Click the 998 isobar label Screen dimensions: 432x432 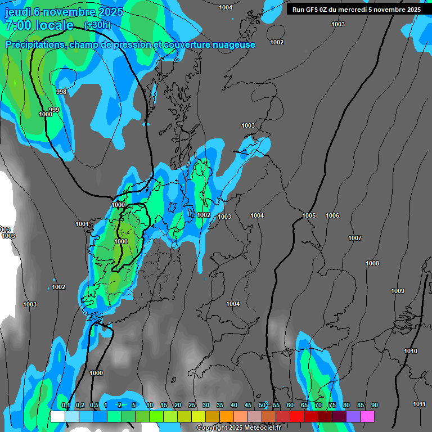62,92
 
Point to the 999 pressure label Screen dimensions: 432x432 54,109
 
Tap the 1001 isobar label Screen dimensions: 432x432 82,224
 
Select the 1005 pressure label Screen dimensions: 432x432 309,216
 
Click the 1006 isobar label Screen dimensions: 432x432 332,216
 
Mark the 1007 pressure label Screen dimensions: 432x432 355,238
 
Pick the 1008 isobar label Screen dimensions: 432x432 372,263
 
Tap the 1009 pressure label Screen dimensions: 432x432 398,291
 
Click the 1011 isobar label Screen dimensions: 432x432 419,404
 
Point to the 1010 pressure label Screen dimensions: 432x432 411,351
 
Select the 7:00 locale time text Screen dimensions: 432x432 39,25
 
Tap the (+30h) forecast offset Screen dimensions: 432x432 97,25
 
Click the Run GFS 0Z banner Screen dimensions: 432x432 357,10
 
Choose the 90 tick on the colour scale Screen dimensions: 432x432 375,405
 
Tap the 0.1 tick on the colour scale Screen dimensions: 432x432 65,405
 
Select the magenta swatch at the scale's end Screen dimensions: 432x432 367,416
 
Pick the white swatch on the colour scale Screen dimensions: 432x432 57,416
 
